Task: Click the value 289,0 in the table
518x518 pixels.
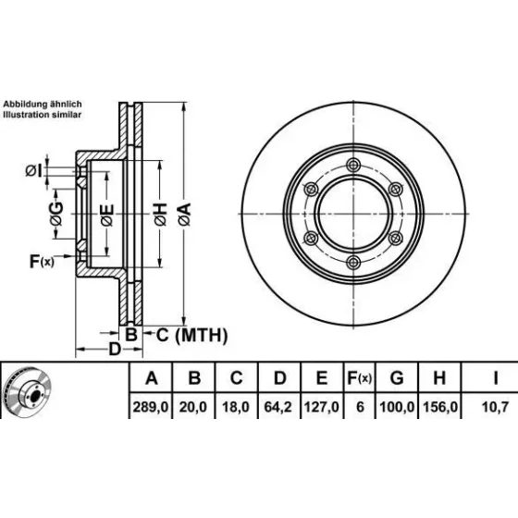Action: (x=151, y=407)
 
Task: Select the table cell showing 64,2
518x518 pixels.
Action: (x=278, y=407)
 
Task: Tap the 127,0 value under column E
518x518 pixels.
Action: (x=322, y=407)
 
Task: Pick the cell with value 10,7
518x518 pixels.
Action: (x=495, y=407)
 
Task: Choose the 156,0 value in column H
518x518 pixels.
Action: (x=440, y=407)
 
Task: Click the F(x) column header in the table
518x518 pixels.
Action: (x=360, y=378)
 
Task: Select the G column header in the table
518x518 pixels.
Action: (x=397, y=378)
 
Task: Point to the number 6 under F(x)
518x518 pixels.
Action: (x=360, y=407)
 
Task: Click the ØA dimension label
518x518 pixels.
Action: (x=185, y=215)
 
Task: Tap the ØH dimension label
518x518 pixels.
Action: (x=161, y=215)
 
